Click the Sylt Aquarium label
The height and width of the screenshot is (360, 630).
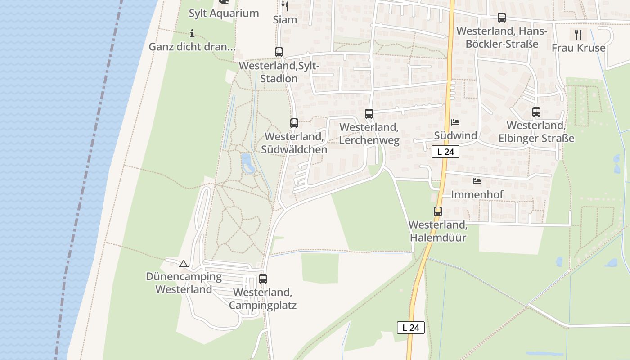click(224, 13)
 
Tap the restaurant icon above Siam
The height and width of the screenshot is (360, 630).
click(285, 6)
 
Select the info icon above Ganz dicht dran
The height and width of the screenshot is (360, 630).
click(192, 33)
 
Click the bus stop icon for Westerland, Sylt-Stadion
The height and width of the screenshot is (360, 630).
click(279, 52)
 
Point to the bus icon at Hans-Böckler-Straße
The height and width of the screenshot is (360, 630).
click(502, 18)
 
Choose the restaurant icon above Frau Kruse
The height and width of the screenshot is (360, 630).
click(578, 34)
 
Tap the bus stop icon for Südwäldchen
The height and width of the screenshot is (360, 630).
click(294, 123)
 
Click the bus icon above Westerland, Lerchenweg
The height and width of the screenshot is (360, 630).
click(369, 114)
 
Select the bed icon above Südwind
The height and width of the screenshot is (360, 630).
click(455, 122)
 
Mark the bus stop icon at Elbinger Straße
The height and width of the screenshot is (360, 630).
click(536, 112)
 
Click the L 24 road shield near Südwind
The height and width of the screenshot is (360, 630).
click(445, 152)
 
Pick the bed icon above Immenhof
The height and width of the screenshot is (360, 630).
click(477, 181)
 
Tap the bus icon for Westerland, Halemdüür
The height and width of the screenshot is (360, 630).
click(438, 211)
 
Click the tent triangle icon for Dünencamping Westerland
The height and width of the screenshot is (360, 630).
click(183, 264)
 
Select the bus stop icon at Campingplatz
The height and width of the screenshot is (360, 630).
click(263, 279)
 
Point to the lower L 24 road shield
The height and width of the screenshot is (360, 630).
click(411, 328)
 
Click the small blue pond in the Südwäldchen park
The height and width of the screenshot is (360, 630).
click(247, 163)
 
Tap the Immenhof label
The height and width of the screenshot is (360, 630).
click(477, 195)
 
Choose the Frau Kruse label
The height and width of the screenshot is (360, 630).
click(578, 48)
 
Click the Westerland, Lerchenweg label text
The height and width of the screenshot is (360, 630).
click(369, 134)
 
